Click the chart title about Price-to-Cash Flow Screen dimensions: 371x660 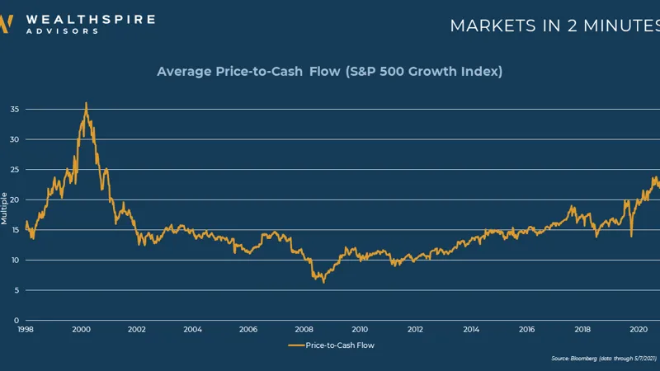pyautogui.click(x=330, y=72)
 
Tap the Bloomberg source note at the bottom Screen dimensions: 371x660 pyautogui.click(x=603, y=359)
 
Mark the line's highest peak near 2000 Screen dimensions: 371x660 pyautogui.click(x=86, y=103)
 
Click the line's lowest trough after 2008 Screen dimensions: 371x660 pyautogui.click(x=323, y=283)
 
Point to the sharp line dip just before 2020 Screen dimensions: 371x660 pyautogui.click(x=631, y=236)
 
